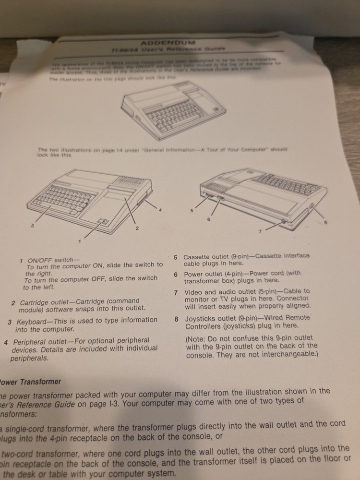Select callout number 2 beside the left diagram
[137, 228]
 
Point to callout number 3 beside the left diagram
[32, 225]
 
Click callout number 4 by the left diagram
[160, 210]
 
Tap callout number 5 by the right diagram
[191, 210]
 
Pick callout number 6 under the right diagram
[209, 219]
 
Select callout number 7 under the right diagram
[260, 232]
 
